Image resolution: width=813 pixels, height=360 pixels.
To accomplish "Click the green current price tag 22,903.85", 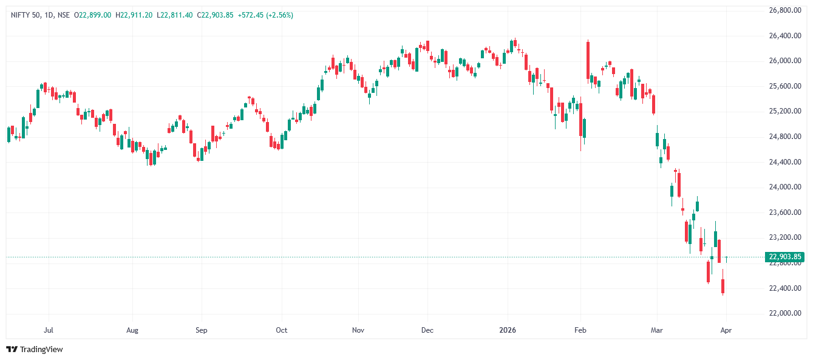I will tap(784, 257).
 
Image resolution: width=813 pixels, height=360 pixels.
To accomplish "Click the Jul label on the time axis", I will tap(49, 330).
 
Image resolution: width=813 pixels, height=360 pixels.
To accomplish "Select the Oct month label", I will tap(281, 330).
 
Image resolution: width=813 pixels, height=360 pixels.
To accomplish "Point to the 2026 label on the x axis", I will tap(507, 330).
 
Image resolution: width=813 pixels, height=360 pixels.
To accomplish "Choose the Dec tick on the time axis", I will tap(427, 330).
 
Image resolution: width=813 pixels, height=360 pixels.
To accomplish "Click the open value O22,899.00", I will tap(92, 15).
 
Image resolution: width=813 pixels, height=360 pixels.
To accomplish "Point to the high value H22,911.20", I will tap(134, 15).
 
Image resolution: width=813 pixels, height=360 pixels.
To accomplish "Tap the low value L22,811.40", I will tap(175, 15).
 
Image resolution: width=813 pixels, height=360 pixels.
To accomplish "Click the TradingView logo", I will tap(35, 349).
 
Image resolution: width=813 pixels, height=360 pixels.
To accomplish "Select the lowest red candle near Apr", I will tap(723, 287).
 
